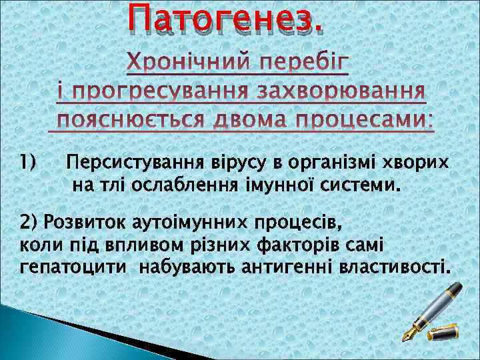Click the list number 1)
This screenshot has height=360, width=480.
(x=27, y=162)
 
